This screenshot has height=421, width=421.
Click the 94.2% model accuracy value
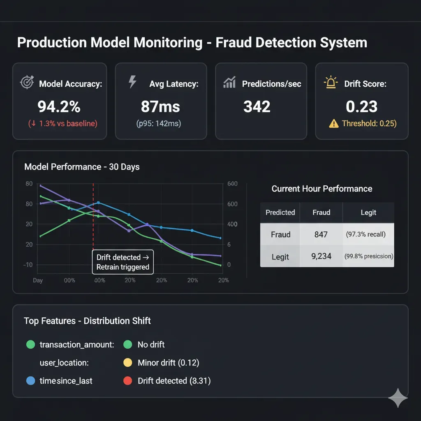click(x=59, y=106)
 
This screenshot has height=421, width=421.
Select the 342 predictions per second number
click(x=257, y=106)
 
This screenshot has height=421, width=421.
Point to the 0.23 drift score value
click(x=362, y=106)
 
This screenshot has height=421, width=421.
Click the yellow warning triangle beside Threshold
click(x=334, y=123)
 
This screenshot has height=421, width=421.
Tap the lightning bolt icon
click(x=132, y=81)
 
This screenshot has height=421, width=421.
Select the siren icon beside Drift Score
click(x=331, y=83)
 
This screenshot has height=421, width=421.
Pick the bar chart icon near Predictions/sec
click(x=229, y=82)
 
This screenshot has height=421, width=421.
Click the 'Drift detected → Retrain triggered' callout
click(x=123, y=262)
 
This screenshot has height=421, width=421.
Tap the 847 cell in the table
click(x=321, y=234)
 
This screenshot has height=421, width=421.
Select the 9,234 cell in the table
click(x=321, y=256)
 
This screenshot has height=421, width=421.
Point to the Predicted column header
click(x=280, y=212)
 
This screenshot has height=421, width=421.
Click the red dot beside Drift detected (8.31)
click(x=128, y=381)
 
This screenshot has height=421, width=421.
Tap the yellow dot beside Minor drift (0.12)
click(x=128, y=363)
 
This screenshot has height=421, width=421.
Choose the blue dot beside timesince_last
click(x=30, y=381)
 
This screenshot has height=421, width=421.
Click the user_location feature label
click(x=64, y=363)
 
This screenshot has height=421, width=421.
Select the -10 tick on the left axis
click(x=28, y=264)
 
